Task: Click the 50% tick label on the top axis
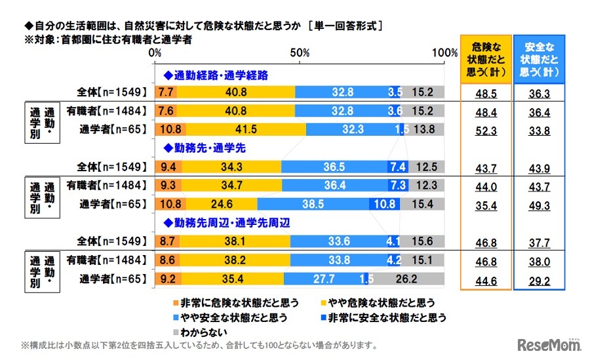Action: coord(300,52)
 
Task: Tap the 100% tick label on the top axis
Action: coord(445,52)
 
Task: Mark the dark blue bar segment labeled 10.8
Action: coord(384,205)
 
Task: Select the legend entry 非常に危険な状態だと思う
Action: coord(237,303)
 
